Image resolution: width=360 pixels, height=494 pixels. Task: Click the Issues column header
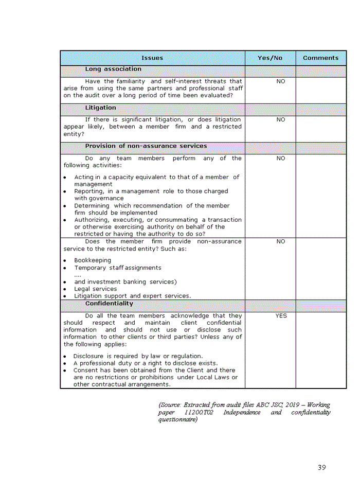pos(152,58)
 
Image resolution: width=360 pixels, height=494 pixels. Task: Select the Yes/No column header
pos(270,58)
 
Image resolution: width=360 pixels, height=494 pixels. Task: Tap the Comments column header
pos(320,58)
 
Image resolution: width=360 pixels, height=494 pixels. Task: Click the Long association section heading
pos(113,69)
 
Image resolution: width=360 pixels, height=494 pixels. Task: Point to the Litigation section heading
pos(100,108)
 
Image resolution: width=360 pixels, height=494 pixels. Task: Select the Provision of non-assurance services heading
pos(146,146)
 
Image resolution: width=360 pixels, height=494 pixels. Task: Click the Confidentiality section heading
pos(109,304)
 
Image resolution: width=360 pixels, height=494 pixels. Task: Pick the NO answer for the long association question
pos(281,81)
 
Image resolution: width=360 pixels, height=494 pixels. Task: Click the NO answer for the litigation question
pos(281,119)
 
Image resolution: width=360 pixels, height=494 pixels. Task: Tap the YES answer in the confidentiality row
pos(281,316)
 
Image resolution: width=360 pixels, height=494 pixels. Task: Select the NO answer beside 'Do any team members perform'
pos(281,158)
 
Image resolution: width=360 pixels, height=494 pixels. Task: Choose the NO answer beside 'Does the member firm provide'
pos(281,241)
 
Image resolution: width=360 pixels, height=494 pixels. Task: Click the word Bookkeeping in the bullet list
pos(93,260)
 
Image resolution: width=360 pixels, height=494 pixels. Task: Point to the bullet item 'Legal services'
pos(96,289)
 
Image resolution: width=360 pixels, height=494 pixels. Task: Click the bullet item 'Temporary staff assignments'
pos(118,268)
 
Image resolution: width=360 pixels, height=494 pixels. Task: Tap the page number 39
pos(321,468)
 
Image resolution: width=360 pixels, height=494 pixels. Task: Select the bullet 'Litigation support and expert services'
pos(132,296)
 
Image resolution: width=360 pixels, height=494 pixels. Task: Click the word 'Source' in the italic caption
pos(171,405)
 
